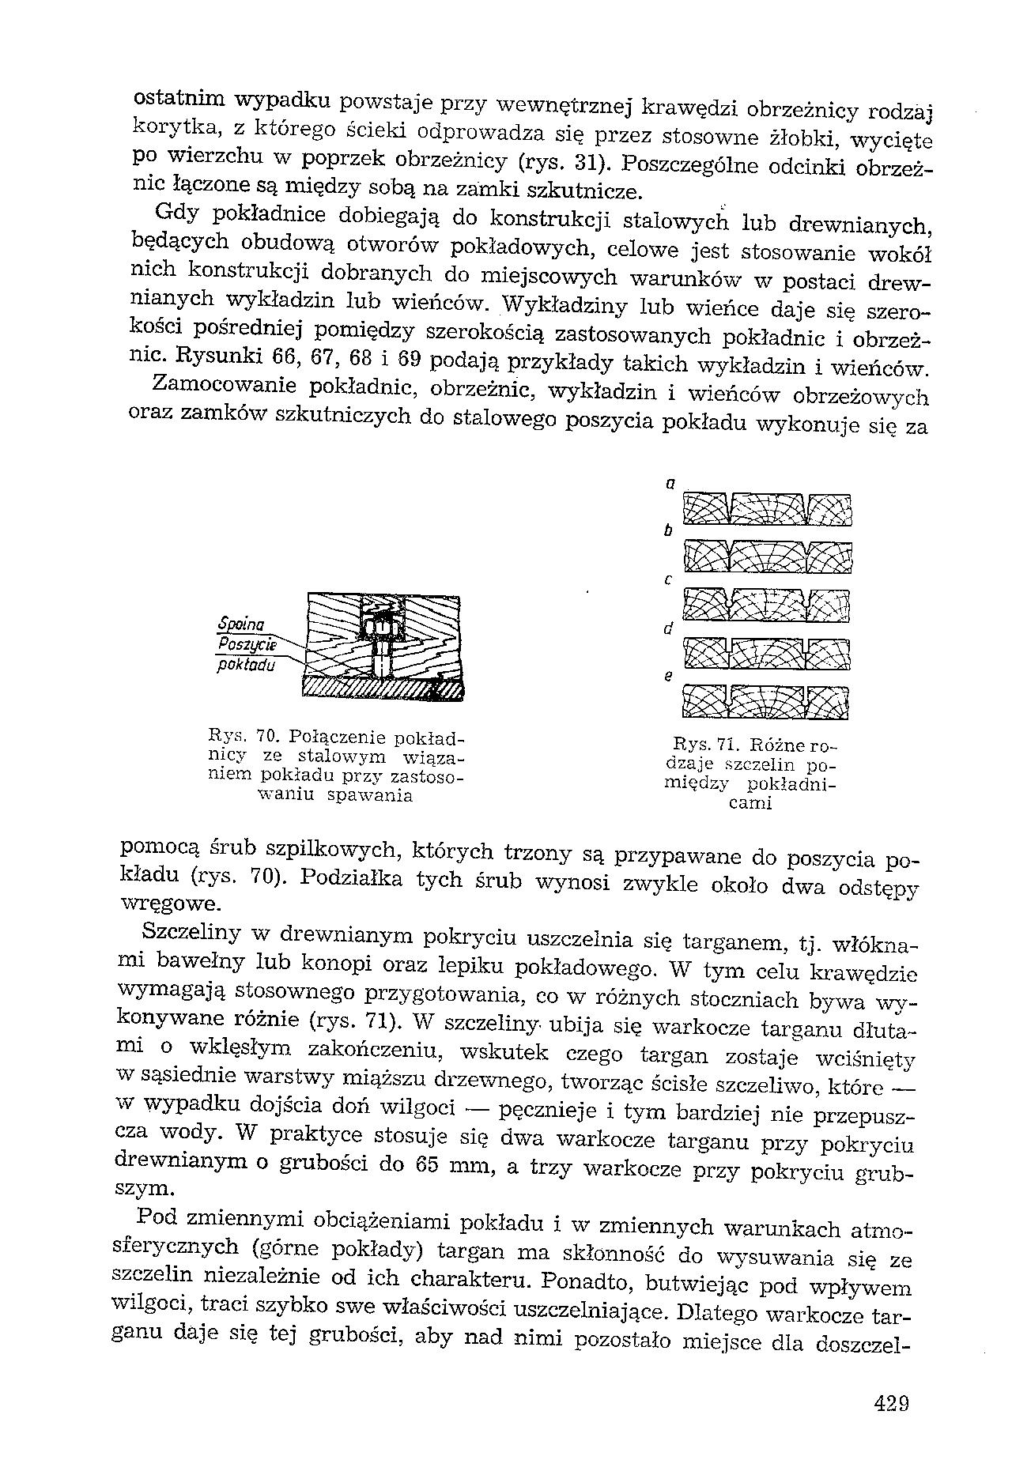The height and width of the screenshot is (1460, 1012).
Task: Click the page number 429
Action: [x=891, y=1403]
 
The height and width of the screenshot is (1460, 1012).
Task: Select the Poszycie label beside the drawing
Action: [x=244, y=645]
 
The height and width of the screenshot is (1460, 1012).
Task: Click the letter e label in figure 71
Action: [x=669, y=677]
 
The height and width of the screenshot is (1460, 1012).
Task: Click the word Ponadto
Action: [x=590, y=1279]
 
